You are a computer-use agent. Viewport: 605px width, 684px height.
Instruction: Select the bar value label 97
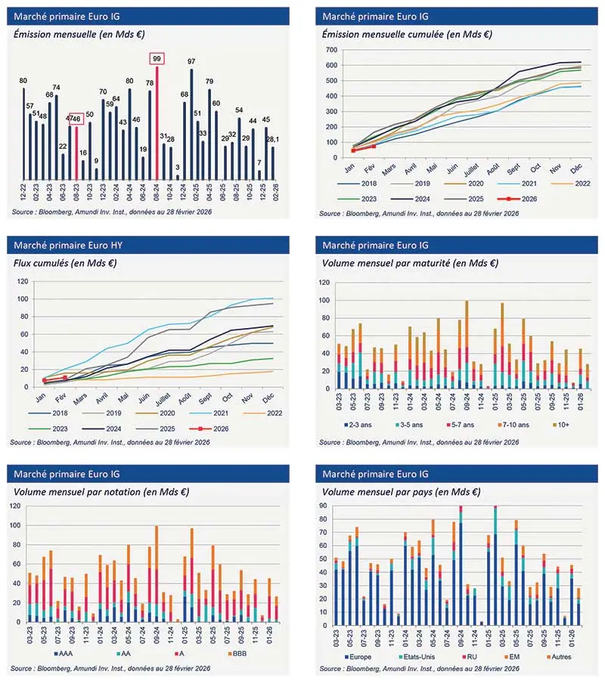click(191, 61)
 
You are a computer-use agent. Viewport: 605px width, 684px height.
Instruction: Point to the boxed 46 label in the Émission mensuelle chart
click(76, 119)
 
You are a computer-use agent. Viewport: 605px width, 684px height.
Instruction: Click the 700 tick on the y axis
click(330, 50)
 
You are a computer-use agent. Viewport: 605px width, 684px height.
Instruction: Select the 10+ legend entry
click(566, 425)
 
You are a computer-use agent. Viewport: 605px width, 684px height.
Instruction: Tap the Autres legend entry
click(564, 656)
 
